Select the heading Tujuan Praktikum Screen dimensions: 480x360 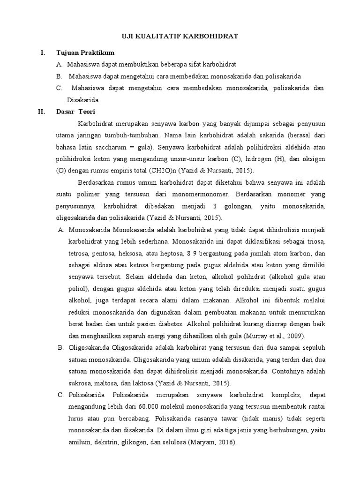(x=85, y=52)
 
